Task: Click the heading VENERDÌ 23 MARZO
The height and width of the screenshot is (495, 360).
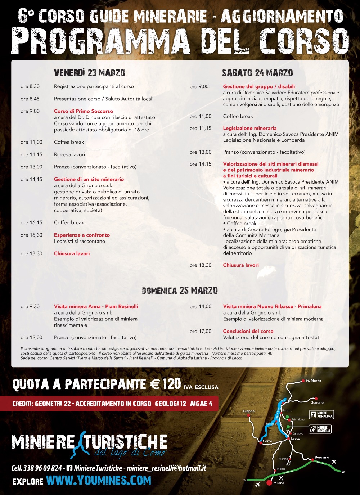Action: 90,73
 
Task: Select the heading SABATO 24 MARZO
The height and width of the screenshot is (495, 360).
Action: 257,73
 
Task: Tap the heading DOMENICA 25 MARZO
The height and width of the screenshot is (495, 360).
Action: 180,291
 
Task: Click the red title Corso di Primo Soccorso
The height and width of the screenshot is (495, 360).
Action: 84,111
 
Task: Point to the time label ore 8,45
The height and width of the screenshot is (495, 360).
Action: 30,99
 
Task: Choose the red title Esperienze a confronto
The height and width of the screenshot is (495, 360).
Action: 82,235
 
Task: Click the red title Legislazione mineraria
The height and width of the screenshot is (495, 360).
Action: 250,128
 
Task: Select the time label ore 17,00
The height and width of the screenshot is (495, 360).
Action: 201,331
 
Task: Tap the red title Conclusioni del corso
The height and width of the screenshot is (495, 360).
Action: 248,331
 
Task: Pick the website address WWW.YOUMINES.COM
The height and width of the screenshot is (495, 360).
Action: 99,481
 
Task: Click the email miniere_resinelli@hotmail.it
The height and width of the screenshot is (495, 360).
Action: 166,468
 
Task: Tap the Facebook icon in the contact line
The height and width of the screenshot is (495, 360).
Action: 69,468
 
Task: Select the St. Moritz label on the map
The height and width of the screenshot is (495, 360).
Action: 313,381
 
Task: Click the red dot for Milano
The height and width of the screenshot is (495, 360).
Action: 269,483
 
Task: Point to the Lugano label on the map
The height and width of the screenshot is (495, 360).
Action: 249,411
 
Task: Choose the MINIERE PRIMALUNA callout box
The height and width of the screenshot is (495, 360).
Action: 321,415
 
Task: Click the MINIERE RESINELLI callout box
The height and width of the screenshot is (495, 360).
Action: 320,429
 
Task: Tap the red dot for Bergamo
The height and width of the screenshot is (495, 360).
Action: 312,460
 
